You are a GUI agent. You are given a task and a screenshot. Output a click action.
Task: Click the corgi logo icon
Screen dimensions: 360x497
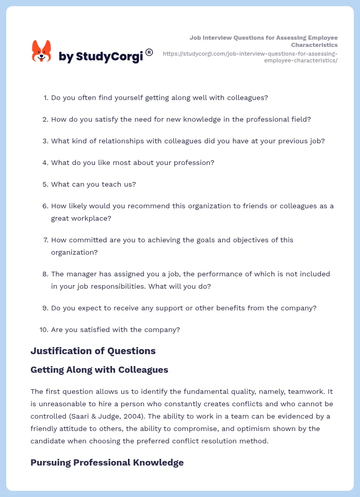[42, 52]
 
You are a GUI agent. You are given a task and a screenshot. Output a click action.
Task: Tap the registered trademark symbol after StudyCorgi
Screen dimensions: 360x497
[149, 52]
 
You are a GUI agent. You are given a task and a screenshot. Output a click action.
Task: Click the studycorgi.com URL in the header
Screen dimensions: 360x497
[250, 57]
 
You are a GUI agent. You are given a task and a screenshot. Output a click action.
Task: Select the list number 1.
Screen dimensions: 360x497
[45, 97]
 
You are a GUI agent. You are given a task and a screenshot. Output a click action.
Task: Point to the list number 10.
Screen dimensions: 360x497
[43, 330]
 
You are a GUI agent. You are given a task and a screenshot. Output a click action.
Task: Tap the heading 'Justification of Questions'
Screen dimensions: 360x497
[93, 351]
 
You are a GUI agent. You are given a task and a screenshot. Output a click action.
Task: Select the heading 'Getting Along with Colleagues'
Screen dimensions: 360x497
[99, 370]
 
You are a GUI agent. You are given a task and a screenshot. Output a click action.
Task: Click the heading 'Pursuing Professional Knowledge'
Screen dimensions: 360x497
[107, 462]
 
